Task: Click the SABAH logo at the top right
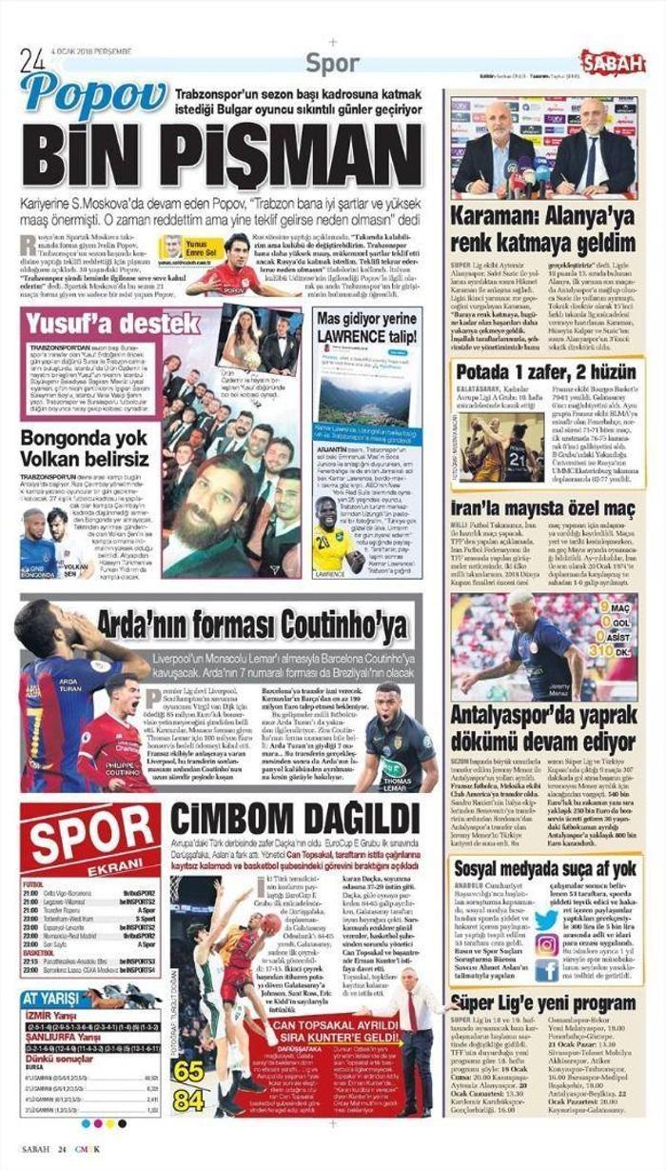pyautogui.click(x=612, y=63)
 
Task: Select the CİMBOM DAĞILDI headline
pyautogui.click(x=295, y=819)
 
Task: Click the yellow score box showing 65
pyautogui.click(x=188, y=1072)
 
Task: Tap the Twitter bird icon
pyautogui.click(x=546, y=918)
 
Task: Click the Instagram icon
pyautogui.click(x=546, y=944)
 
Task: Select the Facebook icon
pyautogui.click(x=546, y=970)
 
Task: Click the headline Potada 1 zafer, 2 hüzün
pyautogui.click(x=543, y=373)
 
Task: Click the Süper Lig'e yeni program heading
pyautogui.click(x=543, y=1002)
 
